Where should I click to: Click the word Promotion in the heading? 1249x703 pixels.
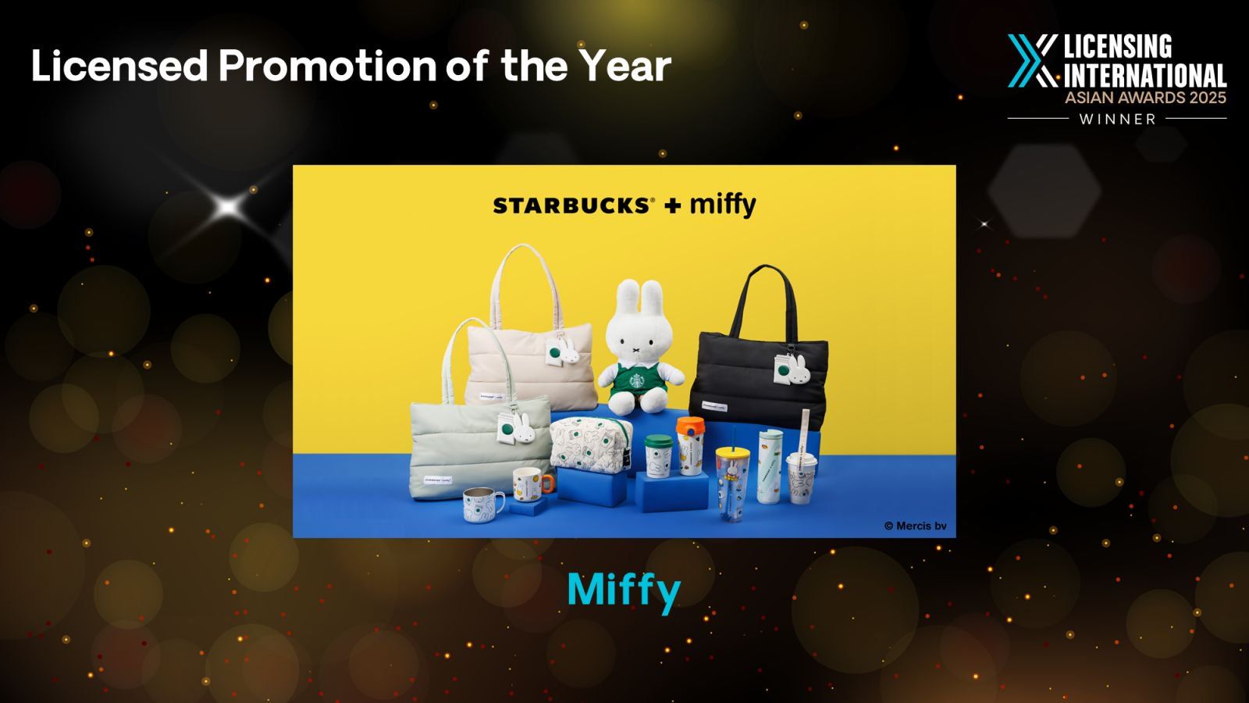(327, 66)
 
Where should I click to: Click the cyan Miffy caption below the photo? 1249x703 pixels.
(624, 593)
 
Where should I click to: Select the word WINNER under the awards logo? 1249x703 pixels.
(1117, 119)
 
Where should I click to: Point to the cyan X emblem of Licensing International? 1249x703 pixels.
(1032, 61)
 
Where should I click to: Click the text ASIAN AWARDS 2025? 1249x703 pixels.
(1145, 98)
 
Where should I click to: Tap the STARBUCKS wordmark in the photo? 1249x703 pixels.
(571, 206)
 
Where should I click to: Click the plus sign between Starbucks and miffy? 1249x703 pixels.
(672, 206)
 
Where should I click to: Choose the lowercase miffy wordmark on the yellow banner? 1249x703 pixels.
(723, 205)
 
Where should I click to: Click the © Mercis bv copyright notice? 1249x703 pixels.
(916, 526)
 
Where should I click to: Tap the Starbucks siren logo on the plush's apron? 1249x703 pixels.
(637, 380)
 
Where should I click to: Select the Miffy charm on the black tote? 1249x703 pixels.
(799, 369)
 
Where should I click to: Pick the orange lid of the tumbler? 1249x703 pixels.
(690, 428)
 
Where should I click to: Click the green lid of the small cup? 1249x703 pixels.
(659, 441)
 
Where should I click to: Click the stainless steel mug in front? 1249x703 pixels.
(482, 505)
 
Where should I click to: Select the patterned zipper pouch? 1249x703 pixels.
(590, 444)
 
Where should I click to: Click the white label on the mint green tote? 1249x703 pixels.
(438, 480)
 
